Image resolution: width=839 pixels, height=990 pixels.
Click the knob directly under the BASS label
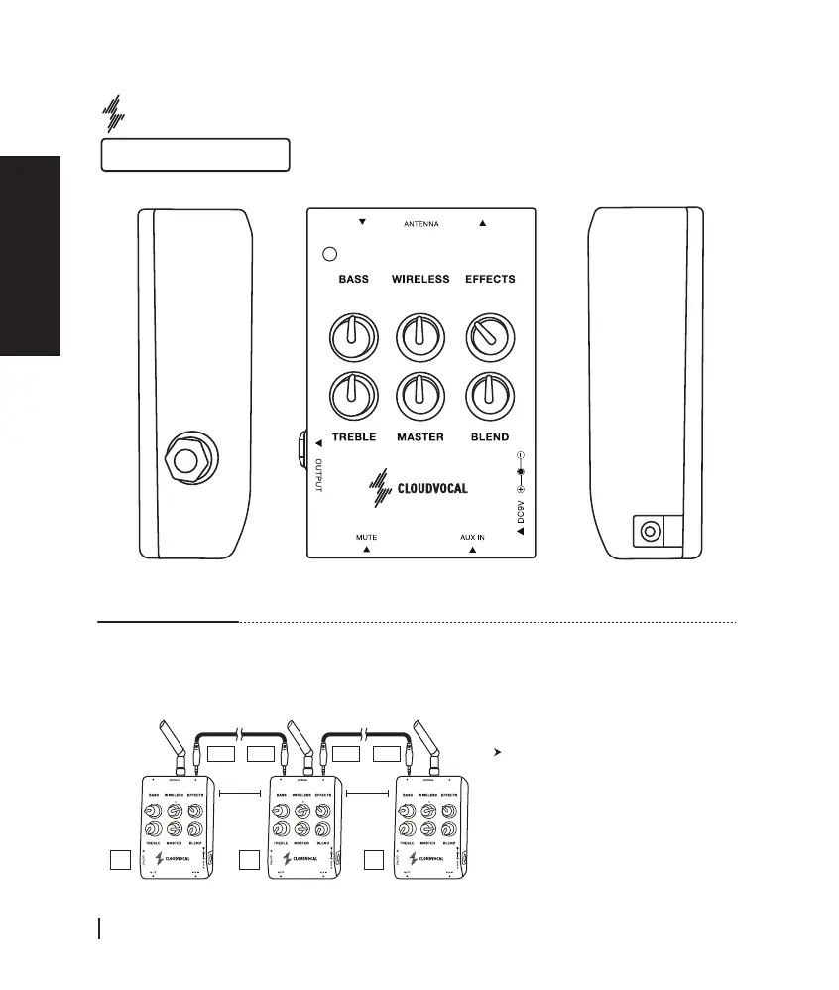pos(354,339)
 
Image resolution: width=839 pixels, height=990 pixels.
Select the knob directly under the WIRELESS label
pos(419,339)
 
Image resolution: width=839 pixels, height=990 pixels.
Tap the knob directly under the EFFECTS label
pos(486,339)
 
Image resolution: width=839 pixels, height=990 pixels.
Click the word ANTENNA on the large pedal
pos(421,224)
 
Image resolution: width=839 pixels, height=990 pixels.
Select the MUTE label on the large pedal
pos(366,537)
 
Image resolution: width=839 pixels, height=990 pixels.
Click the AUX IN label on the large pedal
pos(472,537)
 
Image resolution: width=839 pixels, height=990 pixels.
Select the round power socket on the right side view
pos(650,531)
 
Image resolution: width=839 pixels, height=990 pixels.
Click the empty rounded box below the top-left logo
pos(195,155)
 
